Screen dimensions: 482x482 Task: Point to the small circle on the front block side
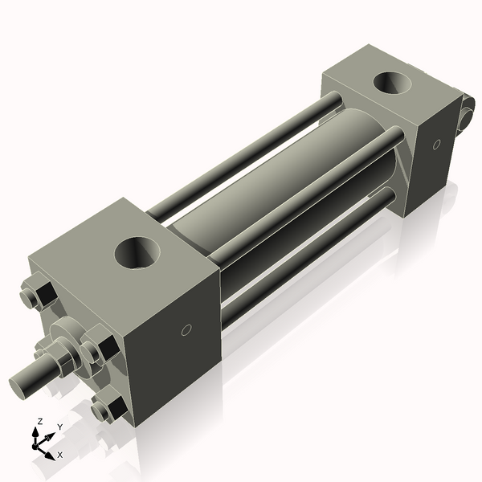pos(186,329)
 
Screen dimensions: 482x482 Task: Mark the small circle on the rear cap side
pos(437,145)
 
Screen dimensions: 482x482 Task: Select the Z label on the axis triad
pos(39,421)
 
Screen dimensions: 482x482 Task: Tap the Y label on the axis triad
pos(59,427)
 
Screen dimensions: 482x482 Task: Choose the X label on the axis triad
pos(59,455)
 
